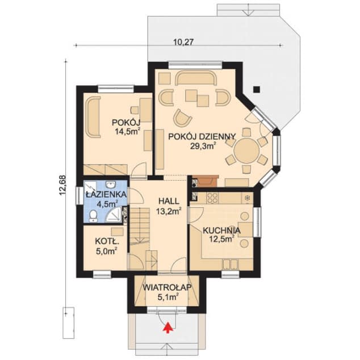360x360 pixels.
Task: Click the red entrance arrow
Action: click(x=168, y=328)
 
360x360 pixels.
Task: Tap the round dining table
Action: click(x=246, y=150)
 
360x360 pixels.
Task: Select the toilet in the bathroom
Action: click(x=93, y=216)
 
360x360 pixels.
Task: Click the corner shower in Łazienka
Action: click(x=114, y=215)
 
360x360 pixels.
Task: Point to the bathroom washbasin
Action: click(x=111, y=185)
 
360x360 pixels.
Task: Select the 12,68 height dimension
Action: click(x=62, y=185)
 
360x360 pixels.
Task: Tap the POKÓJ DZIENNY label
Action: click(x=202, y=137)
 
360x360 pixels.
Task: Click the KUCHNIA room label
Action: click(x=221, y=231)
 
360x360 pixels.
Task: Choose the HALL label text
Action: click(x=169, y=202)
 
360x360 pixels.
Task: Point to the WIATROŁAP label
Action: click(x=167, y=287)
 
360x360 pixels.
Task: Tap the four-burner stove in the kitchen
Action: click(x=212, y=198)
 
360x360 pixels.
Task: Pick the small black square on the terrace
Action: click(x=257, y=89)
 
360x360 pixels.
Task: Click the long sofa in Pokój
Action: click(x=93, y=117)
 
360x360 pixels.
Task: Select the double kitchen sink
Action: click(x=231, y=264)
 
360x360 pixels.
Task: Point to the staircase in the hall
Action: click(x=140, y=229)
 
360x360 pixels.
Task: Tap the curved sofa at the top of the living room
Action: click(x=196, y=78)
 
